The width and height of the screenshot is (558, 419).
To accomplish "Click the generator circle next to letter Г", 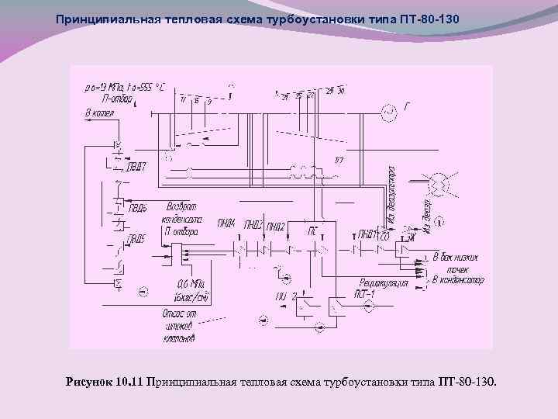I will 389,115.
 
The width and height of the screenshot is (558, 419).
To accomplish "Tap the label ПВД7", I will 136,164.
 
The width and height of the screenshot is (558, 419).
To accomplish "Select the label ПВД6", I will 139,207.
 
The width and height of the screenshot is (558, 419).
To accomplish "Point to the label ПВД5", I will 136,239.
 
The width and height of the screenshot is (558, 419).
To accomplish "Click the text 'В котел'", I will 99,114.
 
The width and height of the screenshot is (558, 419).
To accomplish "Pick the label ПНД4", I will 226,225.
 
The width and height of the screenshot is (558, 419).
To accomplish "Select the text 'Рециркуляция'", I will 384,283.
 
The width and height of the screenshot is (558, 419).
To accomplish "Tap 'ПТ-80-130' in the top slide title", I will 429,17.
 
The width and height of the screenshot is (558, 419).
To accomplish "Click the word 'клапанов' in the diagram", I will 179,338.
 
